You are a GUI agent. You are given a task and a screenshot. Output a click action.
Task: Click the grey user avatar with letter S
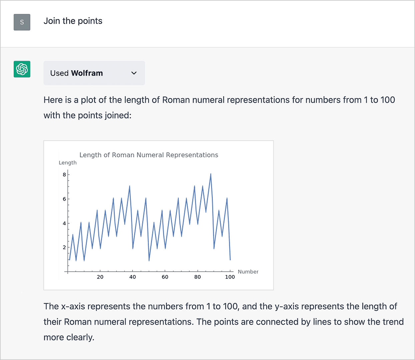coord(22,22)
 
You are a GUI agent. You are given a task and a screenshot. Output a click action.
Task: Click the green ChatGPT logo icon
coord(22,69)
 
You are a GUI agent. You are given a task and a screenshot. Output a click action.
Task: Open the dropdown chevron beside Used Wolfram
coord(134,73)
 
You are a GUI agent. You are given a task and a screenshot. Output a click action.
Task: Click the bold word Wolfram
coord(87,73)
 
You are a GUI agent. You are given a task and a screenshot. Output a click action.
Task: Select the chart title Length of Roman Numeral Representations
coord(149,155)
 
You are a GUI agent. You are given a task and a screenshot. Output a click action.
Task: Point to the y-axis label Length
coord(67,163)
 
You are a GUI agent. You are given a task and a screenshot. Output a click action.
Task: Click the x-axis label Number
coord(248,272)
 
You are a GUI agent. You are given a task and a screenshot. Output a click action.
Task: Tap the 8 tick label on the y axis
coord(64,175)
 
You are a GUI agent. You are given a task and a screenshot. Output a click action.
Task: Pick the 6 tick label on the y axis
coord(64,199)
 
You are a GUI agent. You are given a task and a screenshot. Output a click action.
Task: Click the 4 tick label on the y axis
coord(64,223)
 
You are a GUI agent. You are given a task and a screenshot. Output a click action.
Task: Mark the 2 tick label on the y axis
coord(64,247)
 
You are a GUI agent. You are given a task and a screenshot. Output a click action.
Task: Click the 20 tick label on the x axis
coord(100,277)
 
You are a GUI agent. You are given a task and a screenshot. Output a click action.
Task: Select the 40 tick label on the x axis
coord(132,277)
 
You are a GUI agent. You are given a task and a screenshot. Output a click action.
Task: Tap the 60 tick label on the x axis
coord(165,277)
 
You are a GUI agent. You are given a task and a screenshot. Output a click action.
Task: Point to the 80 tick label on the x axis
coord(197,277)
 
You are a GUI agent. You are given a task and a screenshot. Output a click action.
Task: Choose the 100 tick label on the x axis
coord(230,277)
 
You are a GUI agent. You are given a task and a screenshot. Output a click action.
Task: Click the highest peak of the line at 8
coord(211,174)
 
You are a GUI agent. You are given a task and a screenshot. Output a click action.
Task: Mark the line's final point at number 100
coord(230,260)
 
